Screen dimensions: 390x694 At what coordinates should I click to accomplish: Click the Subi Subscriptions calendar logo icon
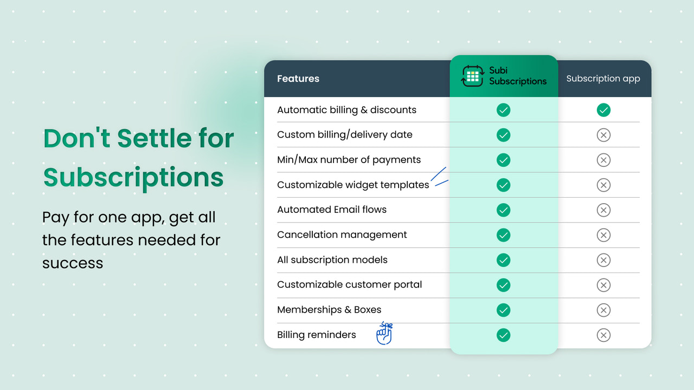pos(472,76)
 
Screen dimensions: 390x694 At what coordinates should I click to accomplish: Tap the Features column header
pos(298,79)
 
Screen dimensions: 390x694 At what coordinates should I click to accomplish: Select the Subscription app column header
pos(603,79)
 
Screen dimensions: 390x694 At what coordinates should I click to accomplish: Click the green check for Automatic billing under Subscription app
pos(603,110)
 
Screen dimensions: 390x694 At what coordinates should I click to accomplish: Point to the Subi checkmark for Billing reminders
pos(503,335)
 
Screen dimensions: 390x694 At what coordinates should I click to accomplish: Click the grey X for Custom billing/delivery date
pos(603,135)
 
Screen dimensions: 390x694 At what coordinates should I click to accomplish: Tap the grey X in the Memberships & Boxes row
pos(603,310)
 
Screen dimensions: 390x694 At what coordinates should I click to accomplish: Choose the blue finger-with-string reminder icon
pos(384,334)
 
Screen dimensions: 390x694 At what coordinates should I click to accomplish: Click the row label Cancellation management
pos(342,235)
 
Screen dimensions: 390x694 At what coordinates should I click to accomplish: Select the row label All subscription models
pos(332,259)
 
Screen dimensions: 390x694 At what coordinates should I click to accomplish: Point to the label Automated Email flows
pos(331,210)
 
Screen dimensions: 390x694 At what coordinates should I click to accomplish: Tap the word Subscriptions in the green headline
pos(133,177)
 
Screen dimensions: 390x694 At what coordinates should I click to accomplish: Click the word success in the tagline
pos(73,263)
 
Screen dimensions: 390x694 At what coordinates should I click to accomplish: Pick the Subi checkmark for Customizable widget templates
pos(503,185)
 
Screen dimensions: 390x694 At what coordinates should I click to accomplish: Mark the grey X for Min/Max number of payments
pos(603,160)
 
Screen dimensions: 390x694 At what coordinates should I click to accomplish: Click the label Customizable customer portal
pos(349,284)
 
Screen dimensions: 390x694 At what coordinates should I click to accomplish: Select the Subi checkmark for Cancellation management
pos(503,235)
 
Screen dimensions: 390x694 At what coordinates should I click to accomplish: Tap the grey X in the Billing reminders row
pos(603,335)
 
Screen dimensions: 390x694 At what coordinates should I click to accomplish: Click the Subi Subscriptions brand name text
pos(517,76)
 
